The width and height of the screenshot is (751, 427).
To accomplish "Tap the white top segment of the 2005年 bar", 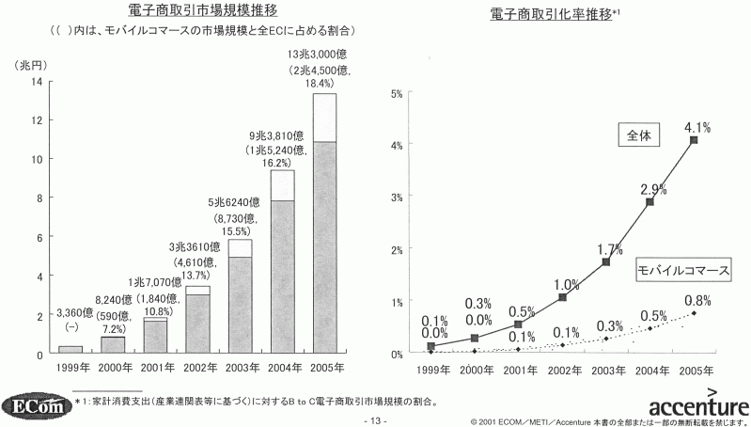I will (324, 118).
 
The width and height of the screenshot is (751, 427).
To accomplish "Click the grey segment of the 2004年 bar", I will (282, 277).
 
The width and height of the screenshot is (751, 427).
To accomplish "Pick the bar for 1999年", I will (70, 350).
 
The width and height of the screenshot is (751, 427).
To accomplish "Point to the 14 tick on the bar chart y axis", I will (35, 82).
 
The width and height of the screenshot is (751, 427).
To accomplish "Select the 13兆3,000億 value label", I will (321, 55).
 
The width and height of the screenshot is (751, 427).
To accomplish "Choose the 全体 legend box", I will (640, 135).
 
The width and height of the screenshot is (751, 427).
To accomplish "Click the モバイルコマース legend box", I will (683, 270).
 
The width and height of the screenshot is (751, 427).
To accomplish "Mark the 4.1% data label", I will (696, 125).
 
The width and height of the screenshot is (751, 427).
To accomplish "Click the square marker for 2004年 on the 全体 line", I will (649, 202).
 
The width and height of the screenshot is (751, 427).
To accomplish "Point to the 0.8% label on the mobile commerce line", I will (696, 300).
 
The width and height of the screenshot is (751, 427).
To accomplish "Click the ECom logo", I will (37, 405).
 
